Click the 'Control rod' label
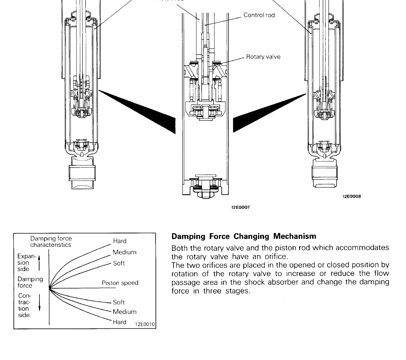click(259, 15)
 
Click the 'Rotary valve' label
click(263, 57)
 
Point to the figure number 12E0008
click(352, 196)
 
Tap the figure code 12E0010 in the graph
click(145, 324)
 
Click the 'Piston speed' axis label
click(120, 283)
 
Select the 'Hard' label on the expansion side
click(120, 241)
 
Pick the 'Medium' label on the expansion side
click(124, 252)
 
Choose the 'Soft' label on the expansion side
click(119, 264)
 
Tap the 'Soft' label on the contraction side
click(119, 302)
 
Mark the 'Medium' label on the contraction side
click(124, 312)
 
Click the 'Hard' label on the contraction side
click(119, 322)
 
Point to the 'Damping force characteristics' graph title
click(51, 241)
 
